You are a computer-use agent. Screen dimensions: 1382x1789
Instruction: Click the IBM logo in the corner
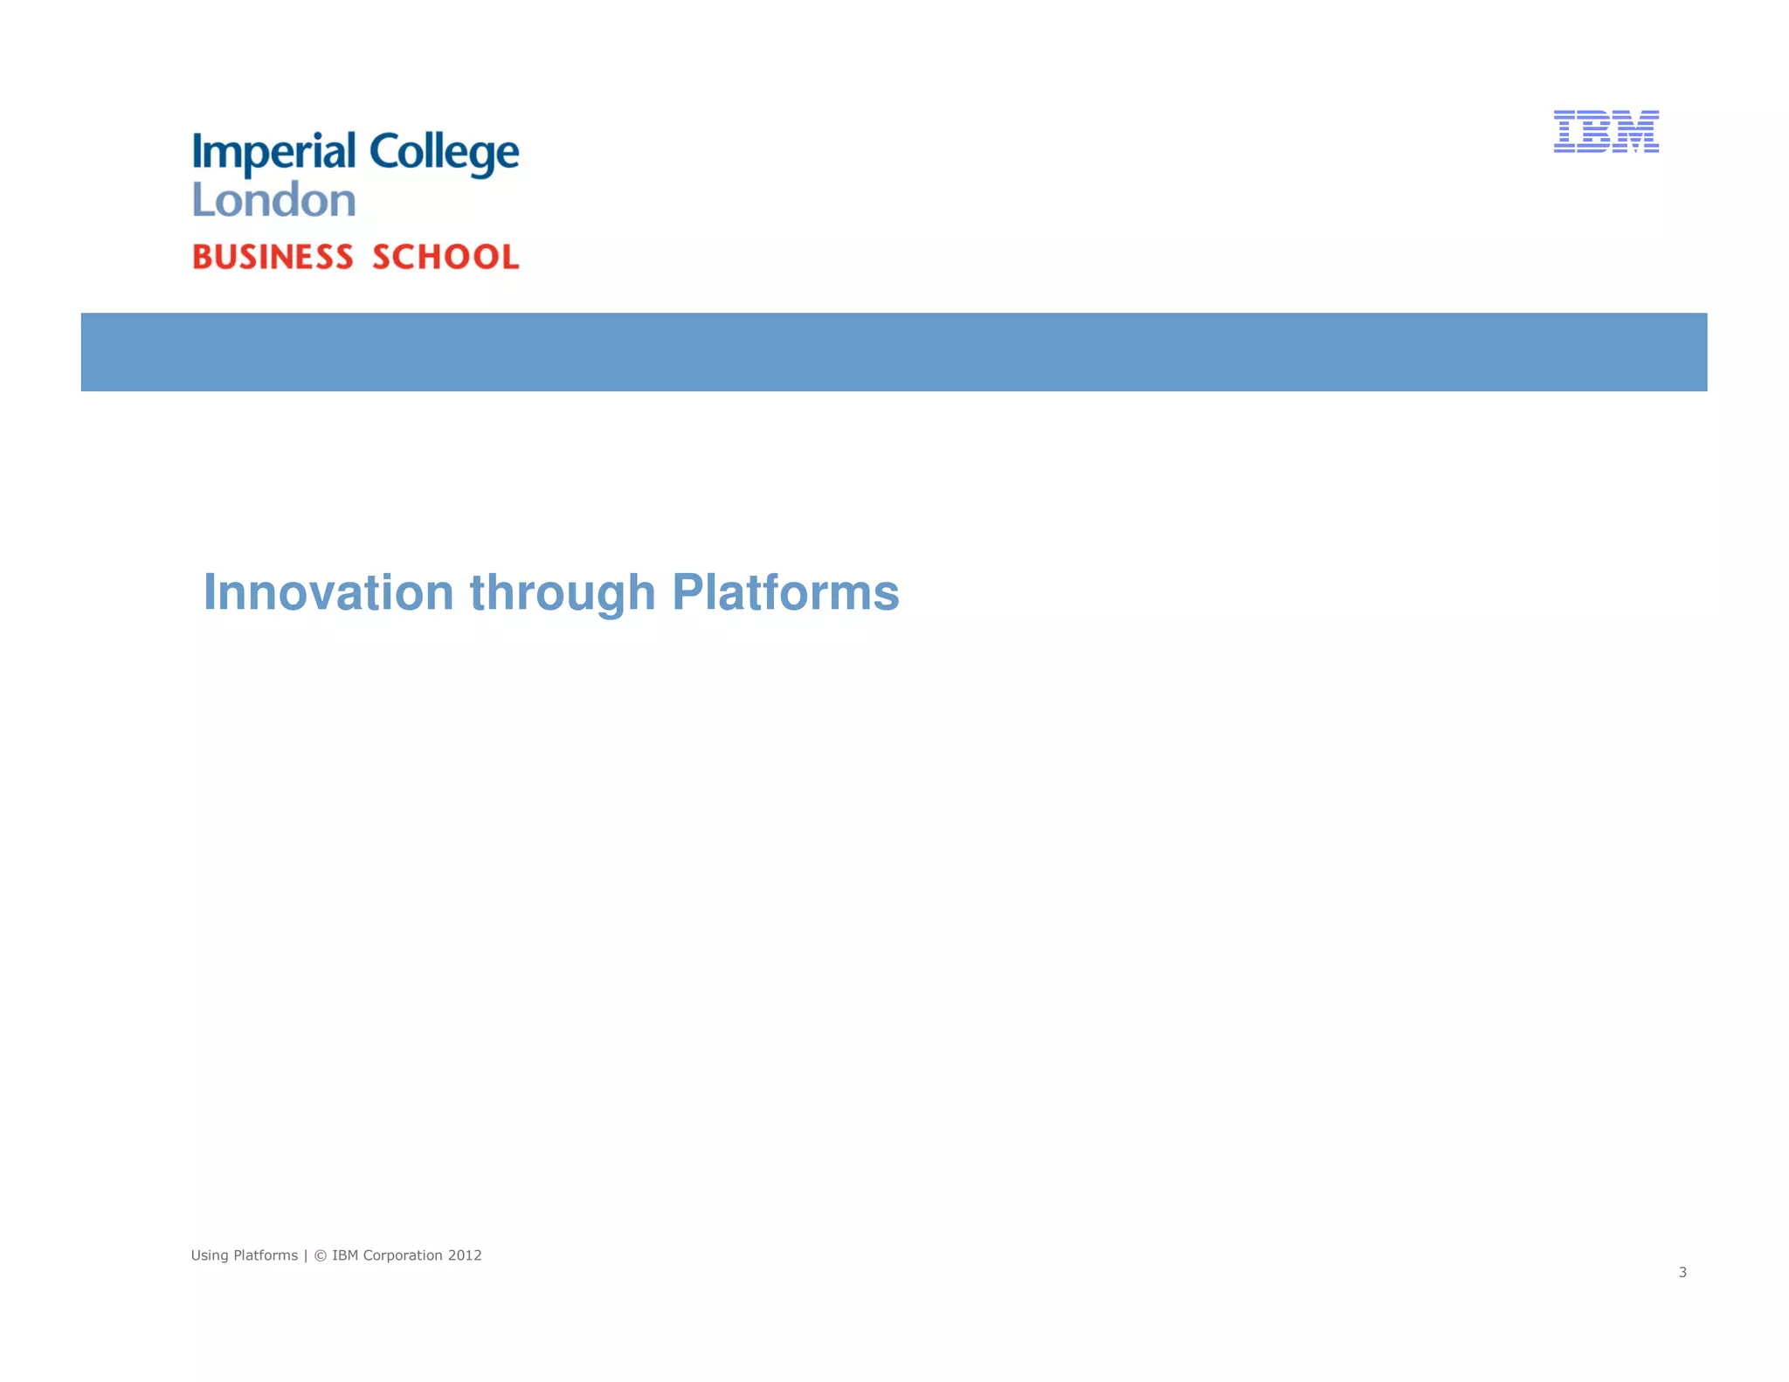coord(1606,132)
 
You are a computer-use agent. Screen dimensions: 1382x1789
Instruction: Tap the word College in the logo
coord(444,154)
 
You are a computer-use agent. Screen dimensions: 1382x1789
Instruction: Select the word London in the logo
coord(273,200)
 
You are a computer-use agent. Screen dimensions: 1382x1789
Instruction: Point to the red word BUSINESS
coord(273,257)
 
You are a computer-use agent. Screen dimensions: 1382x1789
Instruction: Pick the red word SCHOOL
coord(446,257)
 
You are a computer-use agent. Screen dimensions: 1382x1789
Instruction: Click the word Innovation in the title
coord(328,592)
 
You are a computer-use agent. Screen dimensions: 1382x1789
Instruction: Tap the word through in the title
coord(563,594)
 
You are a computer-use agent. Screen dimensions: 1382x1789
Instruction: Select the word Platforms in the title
coord(785,592)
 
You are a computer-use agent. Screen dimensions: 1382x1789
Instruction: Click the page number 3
coord(1682,1273)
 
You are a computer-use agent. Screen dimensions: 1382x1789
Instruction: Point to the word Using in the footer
coord(210,1256)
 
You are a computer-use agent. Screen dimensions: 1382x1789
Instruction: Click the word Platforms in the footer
coord(266,1255)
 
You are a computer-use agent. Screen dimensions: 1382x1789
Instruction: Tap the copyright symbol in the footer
coord(320,1256)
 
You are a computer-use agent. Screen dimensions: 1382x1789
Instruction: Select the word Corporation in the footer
coord(402,1255)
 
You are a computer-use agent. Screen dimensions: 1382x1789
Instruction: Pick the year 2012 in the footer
coord(465,1255)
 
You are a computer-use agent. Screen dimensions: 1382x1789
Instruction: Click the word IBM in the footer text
coord(345,1255)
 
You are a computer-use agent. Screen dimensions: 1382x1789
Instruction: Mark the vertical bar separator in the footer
coord(306,1256)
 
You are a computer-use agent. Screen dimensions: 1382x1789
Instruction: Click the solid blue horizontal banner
coord(894,352)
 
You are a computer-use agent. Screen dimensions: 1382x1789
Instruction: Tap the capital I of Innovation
coord(210,592)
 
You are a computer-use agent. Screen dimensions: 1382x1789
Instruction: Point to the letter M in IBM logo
coord(1636,132)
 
